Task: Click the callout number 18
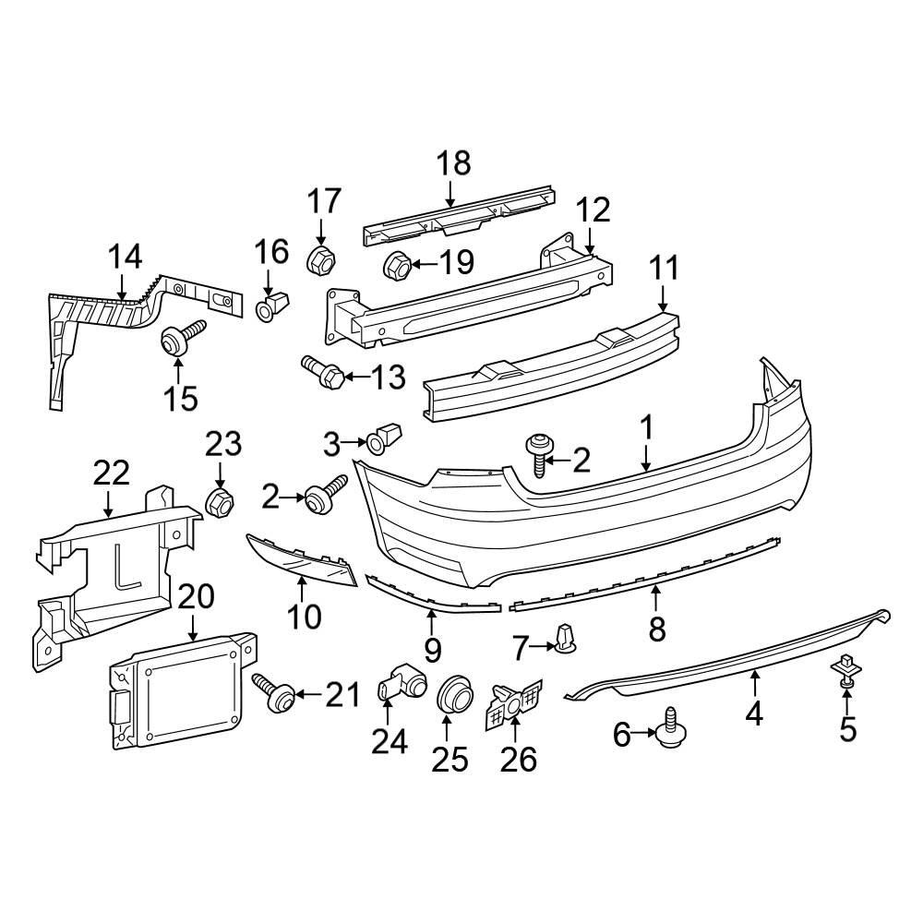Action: point(453,163)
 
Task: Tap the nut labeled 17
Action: point(319,259)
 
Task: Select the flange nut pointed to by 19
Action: point(397,265)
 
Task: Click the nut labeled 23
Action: point(219,502)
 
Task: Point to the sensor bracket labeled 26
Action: point(514,702)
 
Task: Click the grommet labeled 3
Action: point(385,439)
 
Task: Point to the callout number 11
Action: point(663,269)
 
